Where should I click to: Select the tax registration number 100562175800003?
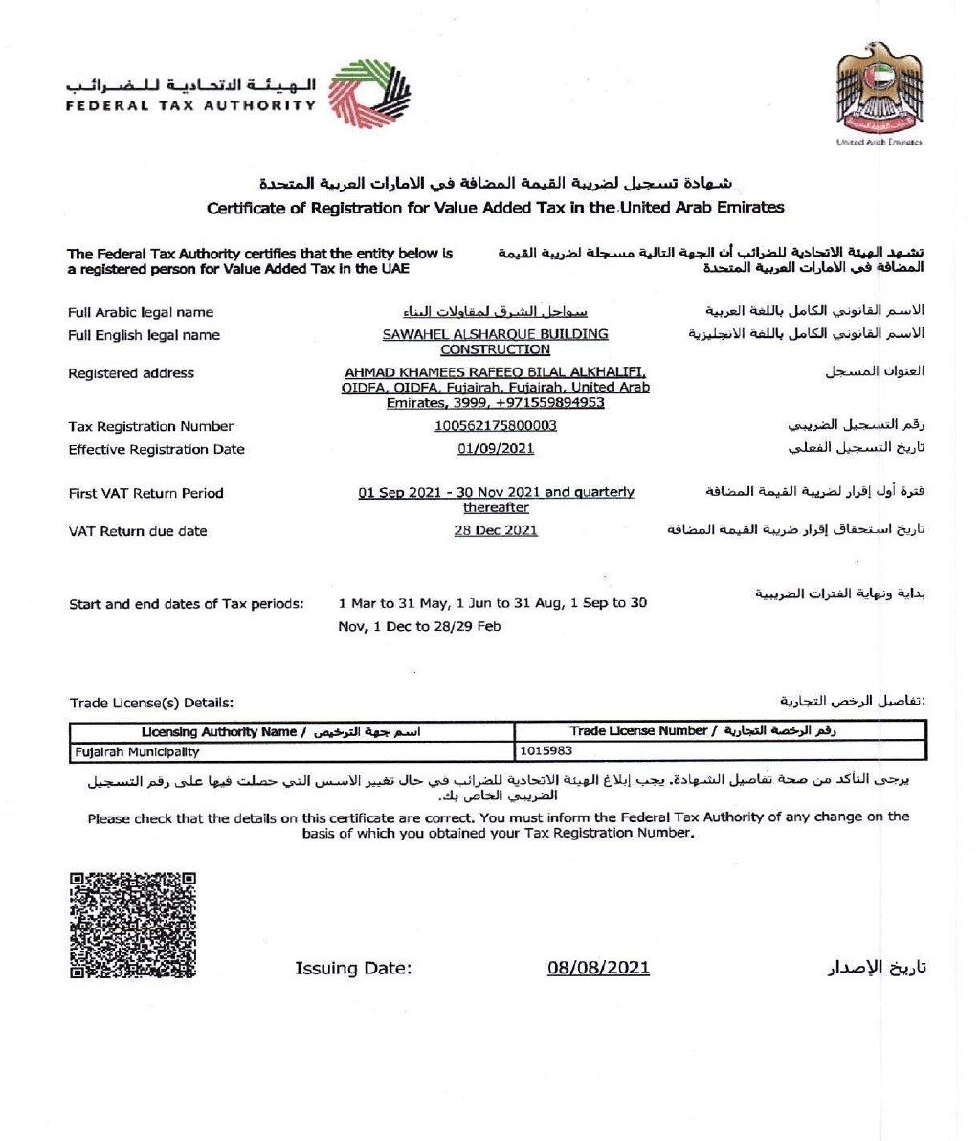pos(495,426)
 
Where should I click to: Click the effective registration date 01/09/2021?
pos(495,449)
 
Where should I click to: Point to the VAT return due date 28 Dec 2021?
pos(495,530)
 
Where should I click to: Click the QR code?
pos(133,925)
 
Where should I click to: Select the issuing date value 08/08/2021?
pos(598,968)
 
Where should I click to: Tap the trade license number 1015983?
pos(546,752)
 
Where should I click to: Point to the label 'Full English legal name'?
pos(144,335)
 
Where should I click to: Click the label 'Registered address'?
pos(130,373)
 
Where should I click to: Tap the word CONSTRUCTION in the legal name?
pos(495,349)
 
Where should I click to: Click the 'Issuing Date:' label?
pos(353,969)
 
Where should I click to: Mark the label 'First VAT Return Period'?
pos(145,493)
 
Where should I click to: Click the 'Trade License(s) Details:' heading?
pos(151,704)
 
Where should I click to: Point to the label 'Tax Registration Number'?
pos(150,426)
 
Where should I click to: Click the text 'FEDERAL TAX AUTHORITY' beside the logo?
pos(190,105)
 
